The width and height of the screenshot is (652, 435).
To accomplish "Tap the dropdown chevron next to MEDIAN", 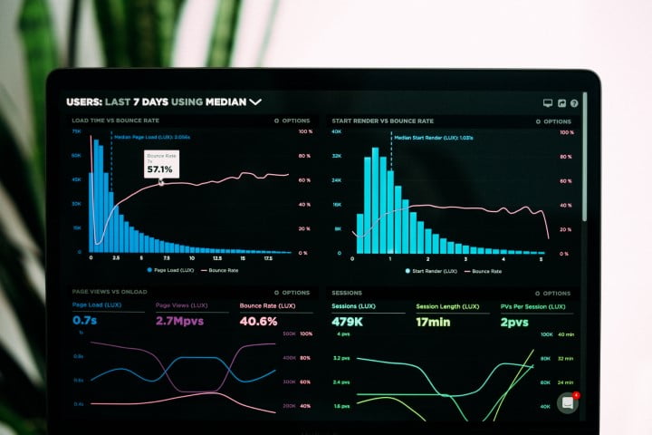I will point(255,102).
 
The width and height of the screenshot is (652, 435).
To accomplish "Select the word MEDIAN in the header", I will point(225,102).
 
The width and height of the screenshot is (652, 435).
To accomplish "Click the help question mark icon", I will point(574,103).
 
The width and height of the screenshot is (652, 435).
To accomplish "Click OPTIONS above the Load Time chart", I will point(292,121).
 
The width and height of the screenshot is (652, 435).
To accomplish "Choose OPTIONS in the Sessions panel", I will point(552,294).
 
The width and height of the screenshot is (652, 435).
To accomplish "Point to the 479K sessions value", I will point(348,322).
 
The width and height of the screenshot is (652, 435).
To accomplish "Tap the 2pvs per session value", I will point(513,322).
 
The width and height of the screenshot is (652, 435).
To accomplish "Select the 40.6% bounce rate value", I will point(258,321).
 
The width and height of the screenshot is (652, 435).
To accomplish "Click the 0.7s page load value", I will point(84,321).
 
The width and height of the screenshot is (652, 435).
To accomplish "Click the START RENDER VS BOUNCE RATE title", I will point(382,121).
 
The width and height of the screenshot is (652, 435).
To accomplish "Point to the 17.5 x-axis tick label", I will point(268,258).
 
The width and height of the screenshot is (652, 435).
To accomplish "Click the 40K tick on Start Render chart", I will point(336,131).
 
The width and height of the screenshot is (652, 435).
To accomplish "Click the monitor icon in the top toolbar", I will point(547,103).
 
